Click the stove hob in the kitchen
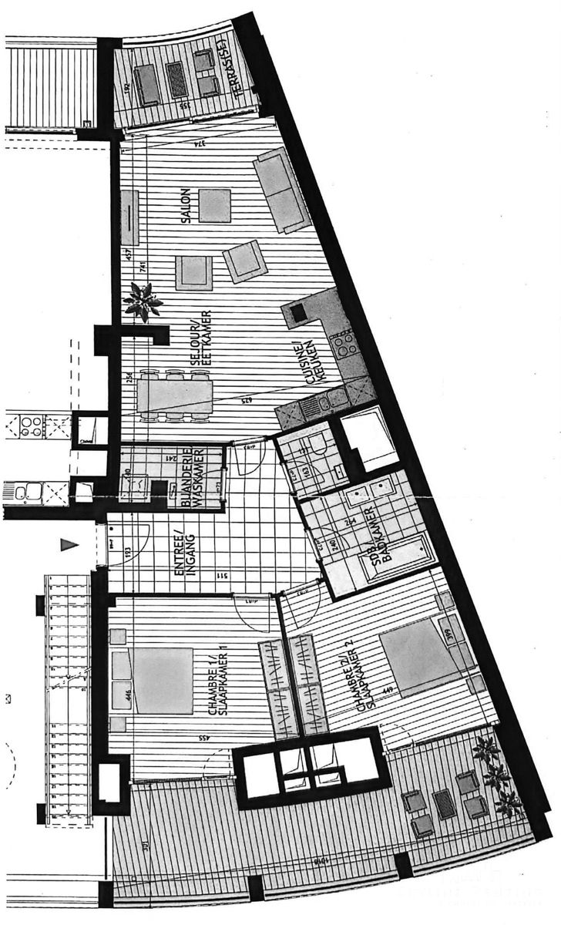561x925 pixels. click(345, 345)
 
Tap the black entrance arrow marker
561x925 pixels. click(69, 545)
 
